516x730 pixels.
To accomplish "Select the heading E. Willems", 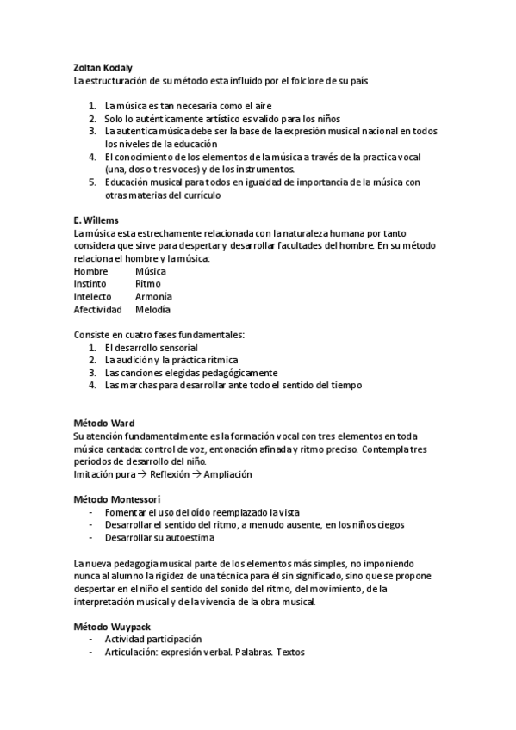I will point(96,220).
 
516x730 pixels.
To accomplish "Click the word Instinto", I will point(90,283).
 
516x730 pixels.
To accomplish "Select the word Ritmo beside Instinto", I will point(147,283).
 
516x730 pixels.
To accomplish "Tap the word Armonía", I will point(153,296).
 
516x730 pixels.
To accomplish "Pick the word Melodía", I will point(152,309).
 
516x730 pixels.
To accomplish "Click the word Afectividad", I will point(97,309).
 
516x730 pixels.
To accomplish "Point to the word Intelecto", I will point(93,296).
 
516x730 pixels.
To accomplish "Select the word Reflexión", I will point(175,474).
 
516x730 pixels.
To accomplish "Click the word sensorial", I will point(175,347).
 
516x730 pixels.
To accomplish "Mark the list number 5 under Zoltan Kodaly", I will point(92,182).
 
